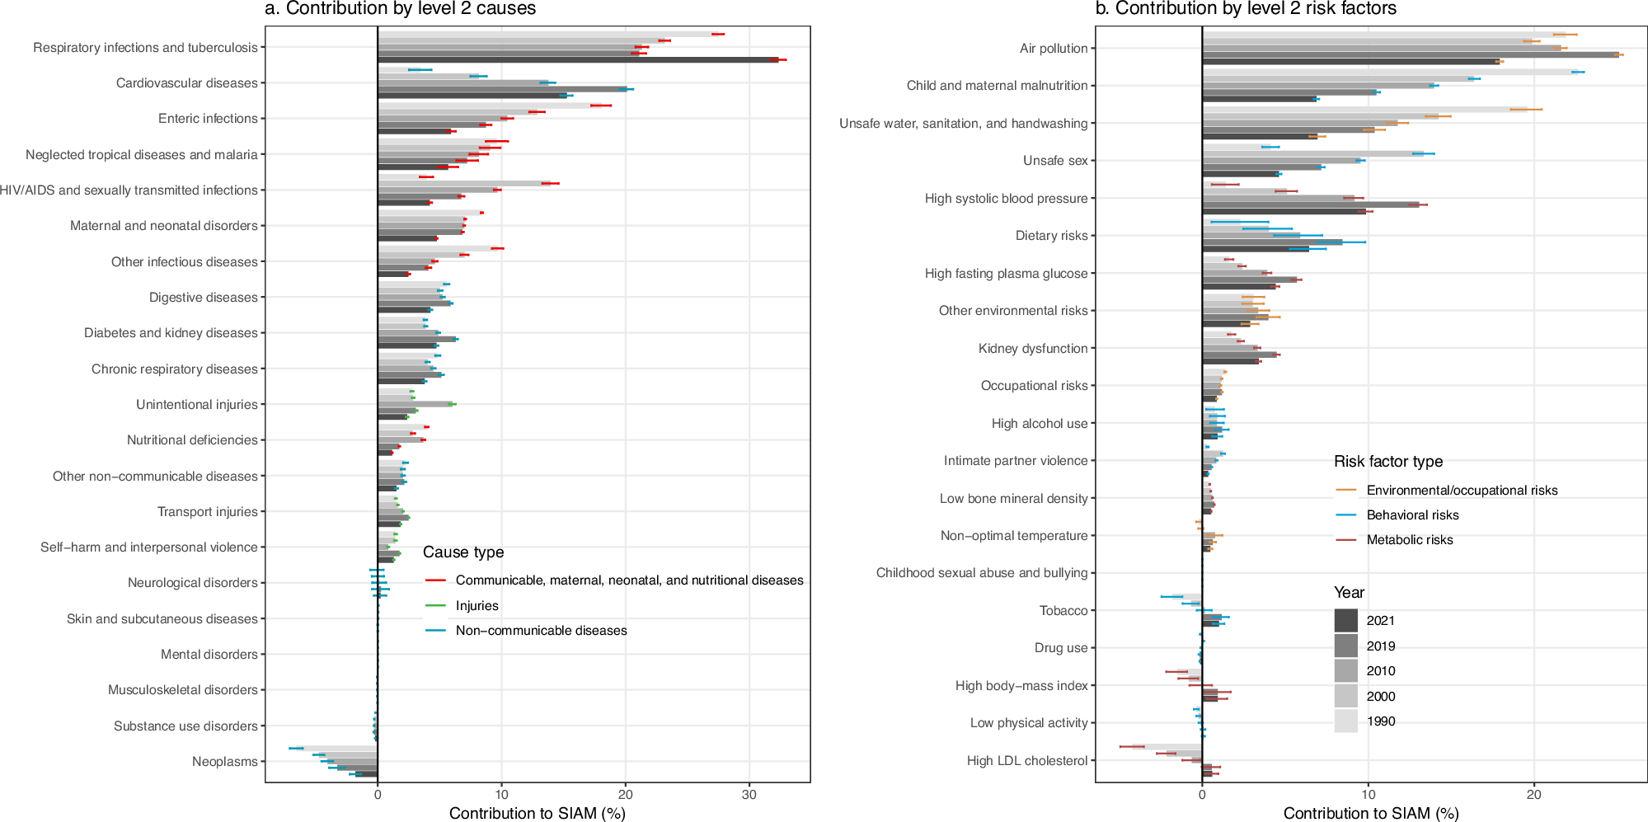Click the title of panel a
[x=400, y=9]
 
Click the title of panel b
[x=1245, y=9]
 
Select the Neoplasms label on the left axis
[x=224, y=762]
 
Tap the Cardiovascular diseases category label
[x=186, y=83]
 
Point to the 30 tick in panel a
[x=749, y=795]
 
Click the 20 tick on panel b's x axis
[x=1533, y=795]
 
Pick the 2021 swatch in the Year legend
[x=1345, y=621]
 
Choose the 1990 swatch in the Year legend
[x=1345, y=721]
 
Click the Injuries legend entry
[x=477, y=606]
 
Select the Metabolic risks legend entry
[x=1409, y=540]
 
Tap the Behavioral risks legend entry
[x=1412, y=515]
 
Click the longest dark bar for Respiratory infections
[x=577, y=60]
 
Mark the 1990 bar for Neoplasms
[x=338, y=749]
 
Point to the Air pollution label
[x=1053, y=49]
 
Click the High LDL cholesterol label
[x=1026, y=761]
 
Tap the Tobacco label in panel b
[x=1063, y=611]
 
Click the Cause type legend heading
[x=462, y=552]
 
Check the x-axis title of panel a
[x=537, y=814]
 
